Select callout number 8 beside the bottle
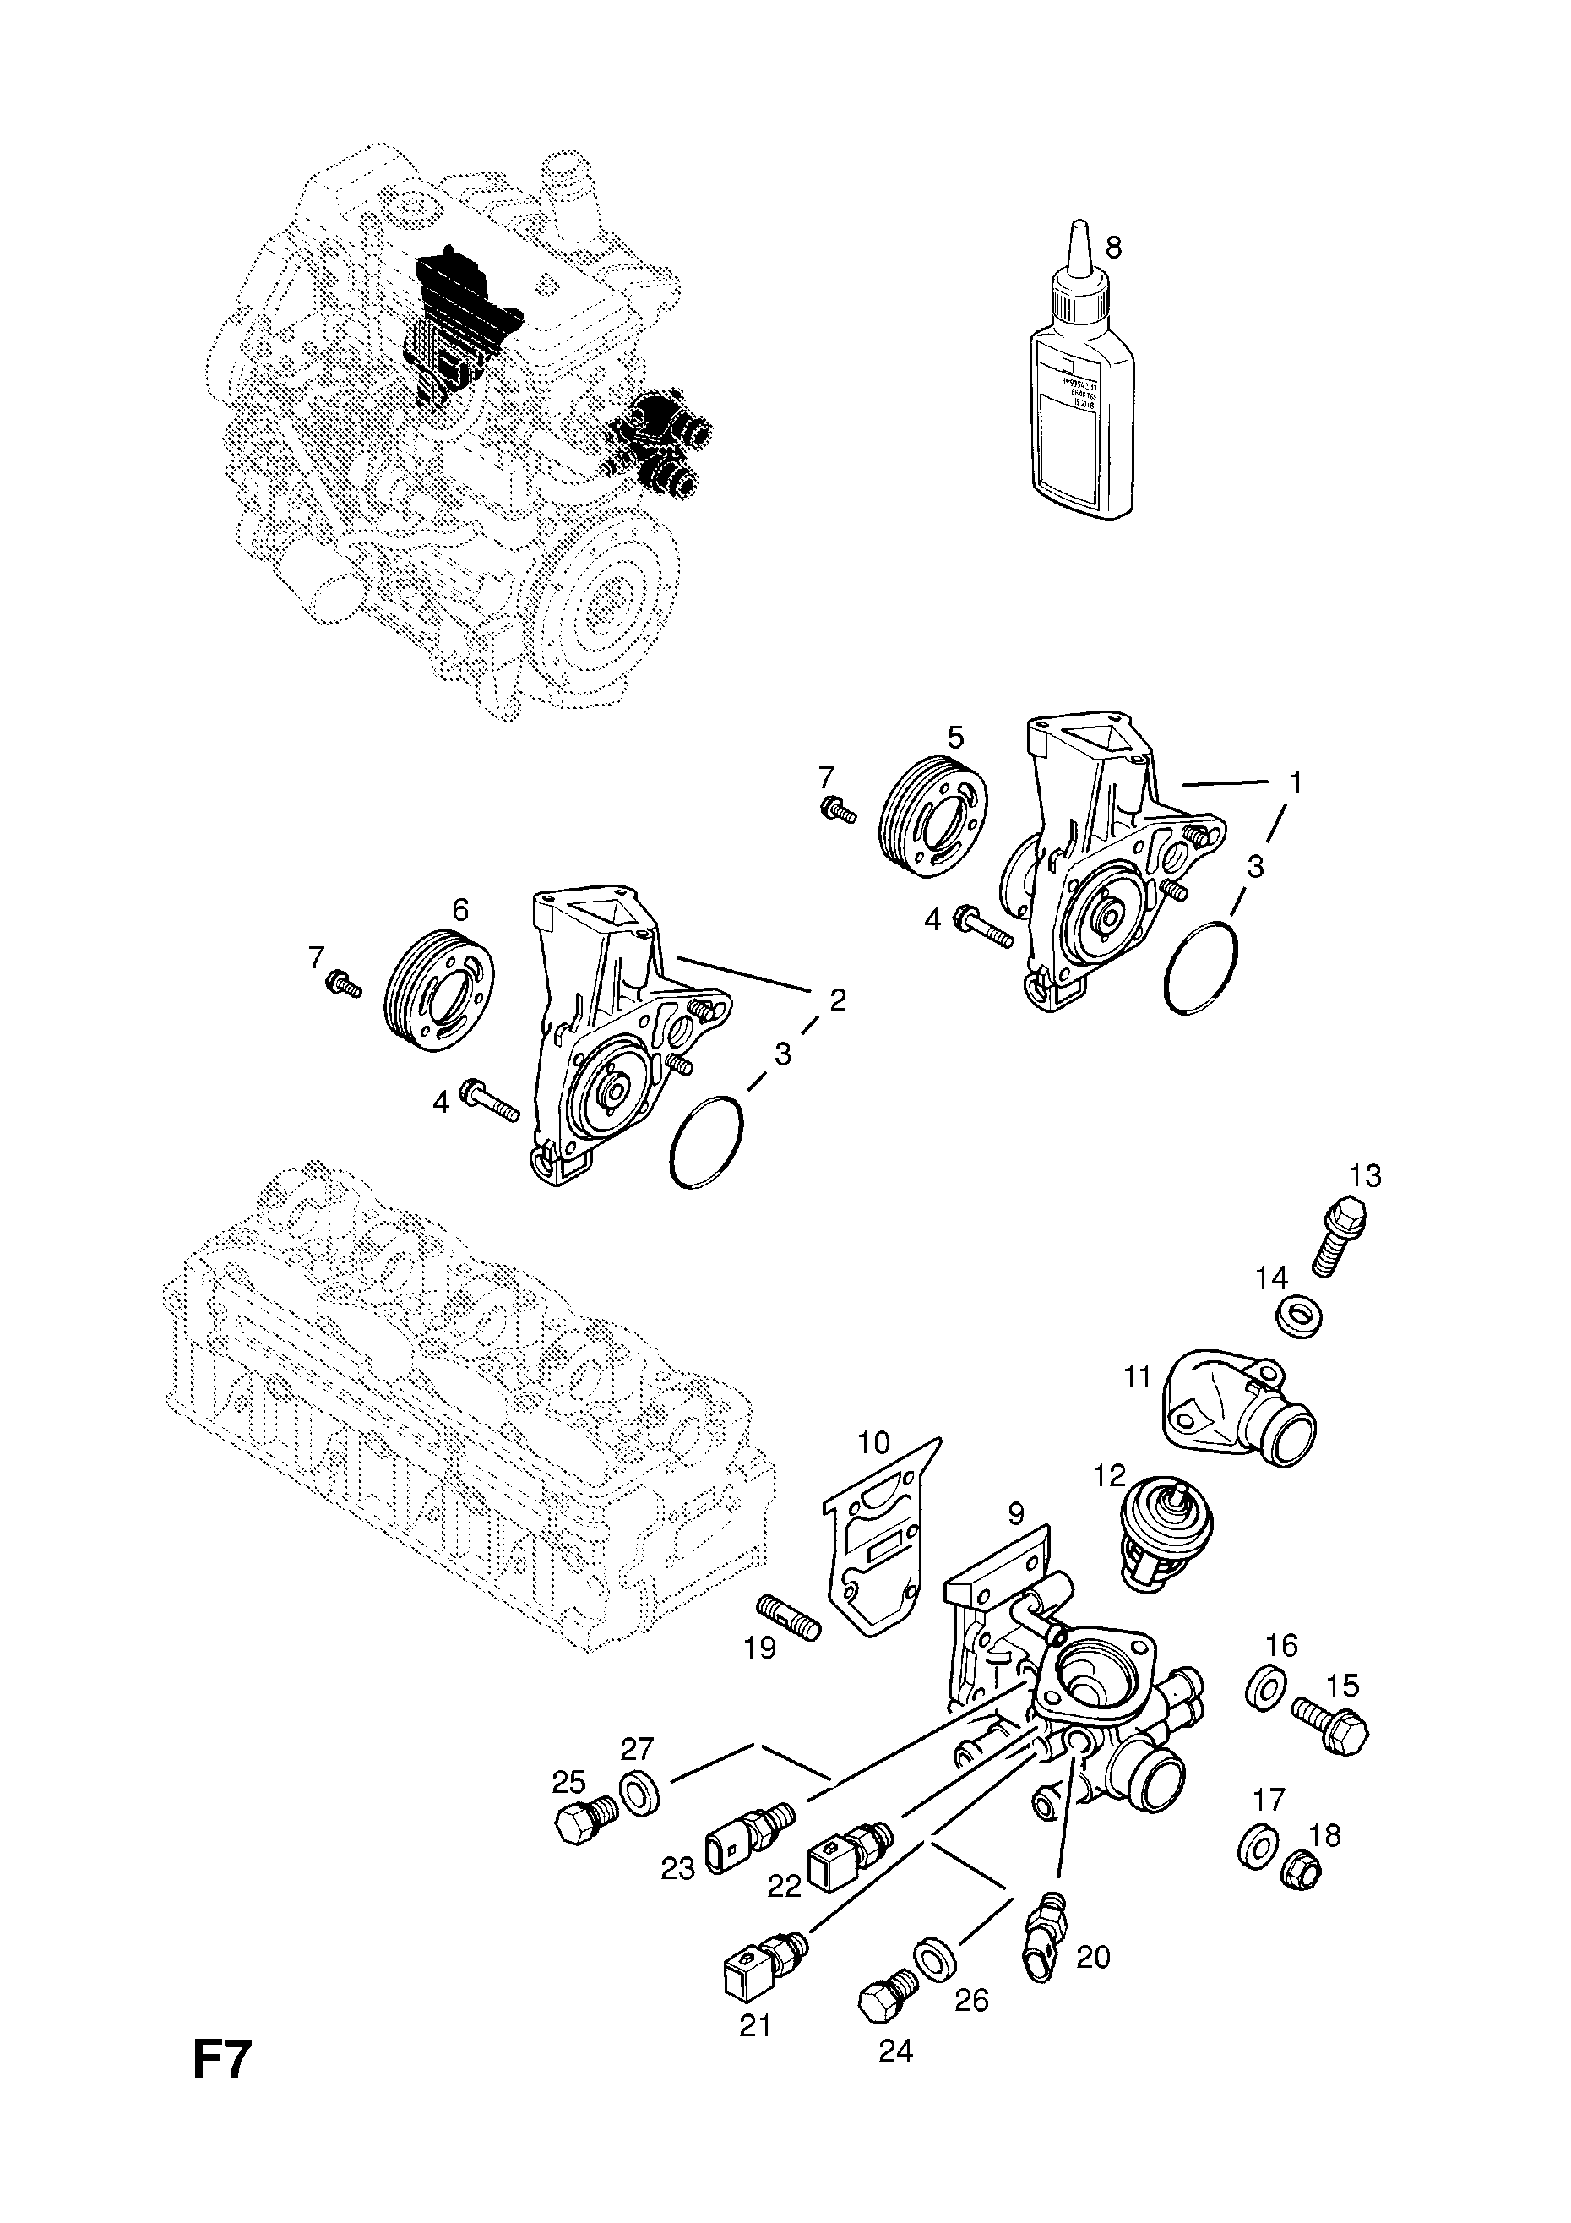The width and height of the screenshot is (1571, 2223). [x=1113, y=248]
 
